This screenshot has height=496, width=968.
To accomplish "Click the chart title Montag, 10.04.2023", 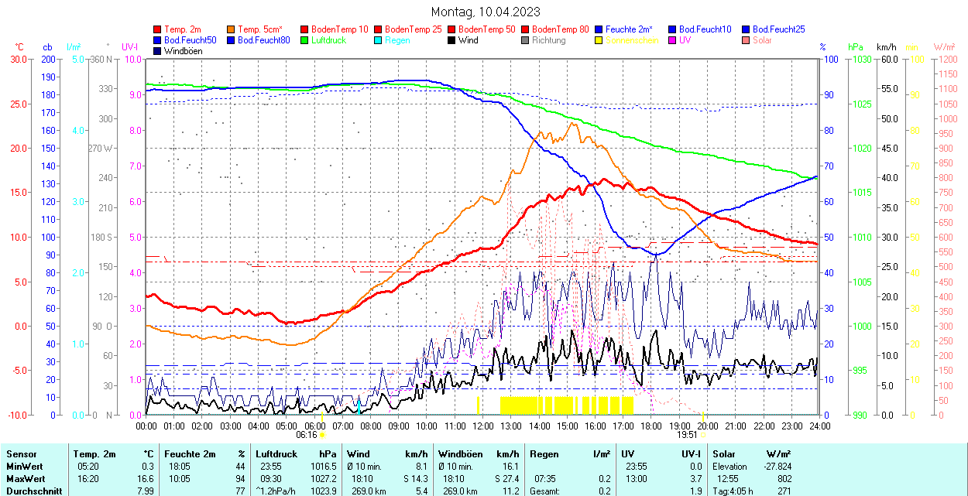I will click(x=486, y=12).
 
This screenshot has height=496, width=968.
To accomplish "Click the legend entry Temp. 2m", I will click(x=184, y=29).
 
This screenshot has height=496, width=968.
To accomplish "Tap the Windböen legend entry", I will click(x=184, y=51).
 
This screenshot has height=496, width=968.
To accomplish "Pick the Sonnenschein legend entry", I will click(x=632, y=40).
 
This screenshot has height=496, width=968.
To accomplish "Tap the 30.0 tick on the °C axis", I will click(x=18, y=59).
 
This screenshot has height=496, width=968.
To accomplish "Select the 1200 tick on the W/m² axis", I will click(x=946, y=59).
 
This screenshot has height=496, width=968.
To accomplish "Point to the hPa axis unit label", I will click(x=855, y=47).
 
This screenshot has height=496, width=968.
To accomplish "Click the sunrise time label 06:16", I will click(x=306, y=435).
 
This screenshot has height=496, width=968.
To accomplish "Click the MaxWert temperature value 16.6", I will click(x=149, y=479).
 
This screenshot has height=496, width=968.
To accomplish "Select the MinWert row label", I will click(x=24, y=467).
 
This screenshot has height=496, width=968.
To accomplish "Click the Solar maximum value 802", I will click(x=784, y=479).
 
